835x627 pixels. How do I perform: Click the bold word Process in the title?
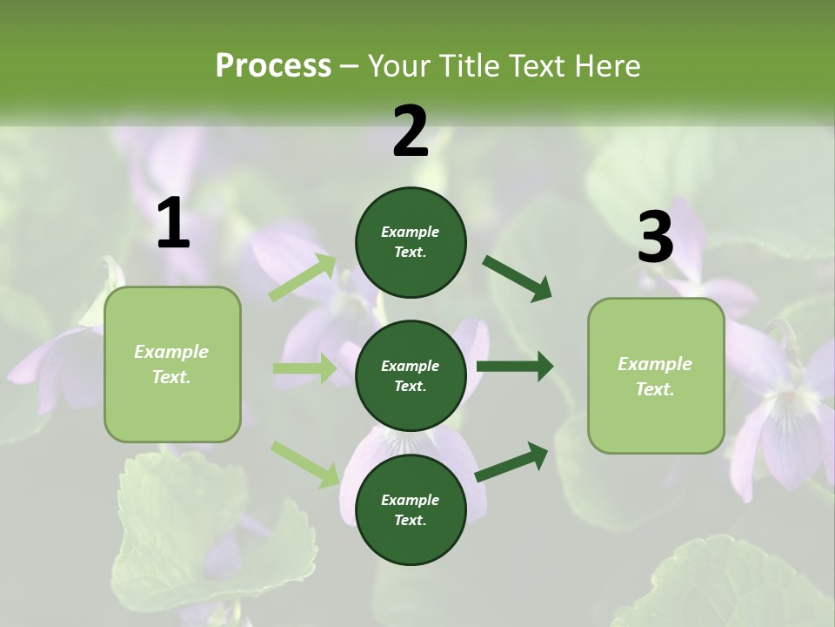(x=273, y=65)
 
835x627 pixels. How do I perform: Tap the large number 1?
(x=173, y=224)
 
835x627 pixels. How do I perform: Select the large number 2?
(x=411, y=131)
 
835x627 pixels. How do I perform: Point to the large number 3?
(x=655, y=237)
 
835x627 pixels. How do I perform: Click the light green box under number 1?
(x=172, y=364)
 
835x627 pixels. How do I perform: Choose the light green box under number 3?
(x=656, y=375)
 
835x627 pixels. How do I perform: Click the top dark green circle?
(x=411, y=242)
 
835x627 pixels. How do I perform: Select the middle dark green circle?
(x=411, y=375)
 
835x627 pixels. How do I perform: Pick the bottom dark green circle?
(x=411, y=509)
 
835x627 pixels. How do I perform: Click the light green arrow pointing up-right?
(x=302, y=278)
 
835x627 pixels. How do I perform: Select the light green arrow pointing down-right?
(x=304, y=463)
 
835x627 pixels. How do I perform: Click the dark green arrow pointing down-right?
(x=517, y=278)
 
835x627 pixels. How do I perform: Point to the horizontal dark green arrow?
(x=514, y=367)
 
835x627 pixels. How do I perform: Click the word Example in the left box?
(x=171, y=352)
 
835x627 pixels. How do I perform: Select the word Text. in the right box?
(x=655, y=389)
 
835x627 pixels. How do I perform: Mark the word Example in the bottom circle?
(x=410, y=500)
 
